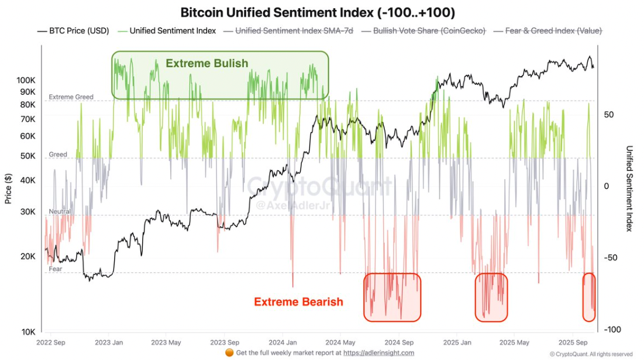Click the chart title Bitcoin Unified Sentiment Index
(317, 12)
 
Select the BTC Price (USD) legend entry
(73, 30)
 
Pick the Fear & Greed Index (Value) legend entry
(547, 30)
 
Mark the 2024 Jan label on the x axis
(283, 342)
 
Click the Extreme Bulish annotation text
(206, 63)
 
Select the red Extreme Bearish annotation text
(298, 302)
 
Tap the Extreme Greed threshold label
(71, 97)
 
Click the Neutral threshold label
(60, 211)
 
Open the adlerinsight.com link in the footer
(378, 353)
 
